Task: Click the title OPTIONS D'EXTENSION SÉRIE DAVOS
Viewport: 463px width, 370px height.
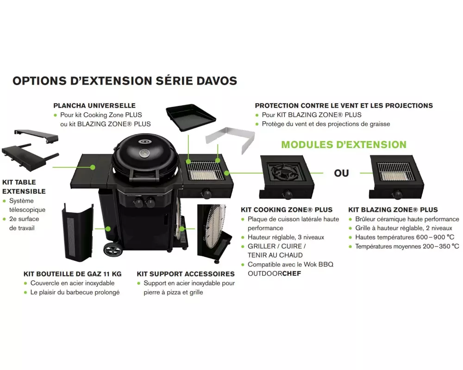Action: pos(125,81)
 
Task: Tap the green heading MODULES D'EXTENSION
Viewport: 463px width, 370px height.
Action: pos(344,145)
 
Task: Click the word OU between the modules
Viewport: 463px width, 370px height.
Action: pos(341,173)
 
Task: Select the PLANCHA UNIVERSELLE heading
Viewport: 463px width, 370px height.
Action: pos(94,105)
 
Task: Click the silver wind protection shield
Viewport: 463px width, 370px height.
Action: pos(230,139)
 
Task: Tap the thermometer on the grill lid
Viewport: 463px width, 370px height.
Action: pos(144,153)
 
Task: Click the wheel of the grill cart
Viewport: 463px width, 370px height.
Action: pos(113,250)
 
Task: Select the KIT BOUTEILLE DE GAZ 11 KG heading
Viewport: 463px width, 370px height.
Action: pos(73,274)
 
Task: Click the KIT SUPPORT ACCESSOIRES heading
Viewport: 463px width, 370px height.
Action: pos(186,274)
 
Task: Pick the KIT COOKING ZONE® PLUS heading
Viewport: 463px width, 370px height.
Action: pos(287,210)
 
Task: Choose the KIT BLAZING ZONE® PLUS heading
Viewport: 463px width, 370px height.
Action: pos(393,210)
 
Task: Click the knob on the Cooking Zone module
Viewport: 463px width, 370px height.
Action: pos(288,194)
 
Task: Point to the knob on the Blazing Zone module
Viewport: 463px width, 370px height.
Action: pos(397,194)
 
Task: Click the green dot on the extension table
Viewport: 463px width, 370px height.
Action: pos(93,167)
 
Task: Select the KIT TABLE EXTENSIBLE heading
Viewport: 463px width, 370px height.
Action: pos(24,187)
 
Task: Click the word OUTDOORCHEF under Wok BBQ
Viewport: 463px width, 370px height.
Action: pos(274,273)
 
